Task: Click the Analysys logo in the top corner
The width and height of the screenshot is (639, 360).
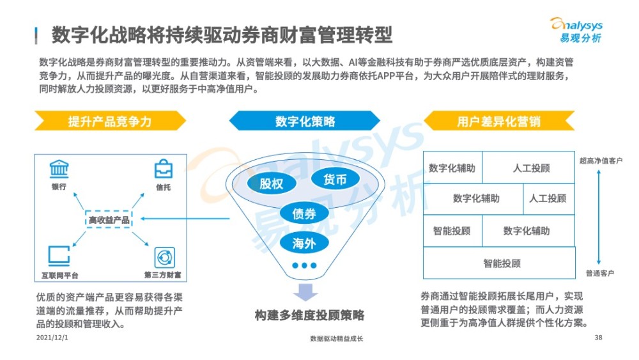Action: click(x=576, y=30)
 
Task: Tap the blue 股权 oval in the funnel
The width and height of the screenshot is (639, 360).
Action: click(x=272, y=184)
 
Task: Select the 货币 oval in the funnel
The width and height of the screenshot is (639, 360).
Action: click(x=335, y=179)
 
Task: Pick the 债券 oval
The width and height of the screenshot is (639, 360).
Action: click(x=304, y=213)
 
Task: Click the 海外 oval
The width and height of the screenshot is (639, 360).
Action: click(x=304, y=244)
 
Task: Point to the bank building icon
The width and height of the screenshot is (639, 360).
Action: click(x=59, y=169)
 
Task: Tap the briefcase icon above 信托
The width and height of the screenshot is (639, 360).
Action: click(x=164, y=169)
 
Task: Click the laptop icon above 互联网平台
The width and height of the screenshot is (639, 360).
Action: click(x=59, y=256)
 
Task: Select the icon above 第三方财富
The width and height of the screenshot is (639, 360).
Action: click(x=165, y=258)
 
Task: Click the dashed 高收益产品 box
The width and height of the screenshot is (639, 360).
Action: click(x=109, y=220)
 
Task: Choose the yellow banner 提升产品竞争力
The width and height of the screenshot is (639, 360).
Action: click(x=110, y=121)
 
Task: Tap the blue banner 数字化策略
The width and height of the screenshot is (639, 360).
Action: click(x=304, y=121)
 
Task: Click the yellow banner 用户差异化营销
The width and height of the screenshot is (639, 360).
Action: click(x=499, y=121)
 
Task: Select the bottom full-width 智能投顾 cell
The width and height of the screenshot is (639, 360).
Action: click(x=499, y=263)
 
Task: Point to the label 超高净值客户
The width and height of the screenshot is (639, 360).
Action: click(x=601, y=161)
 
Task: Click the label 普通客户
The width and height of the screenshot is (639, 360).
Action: click(x=600, y=273)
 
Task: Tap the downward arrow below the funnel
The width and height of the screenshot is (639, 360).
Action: click(x=305, y=292)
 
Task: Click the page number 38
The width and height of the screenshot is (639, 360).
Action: click(x=598, y=338)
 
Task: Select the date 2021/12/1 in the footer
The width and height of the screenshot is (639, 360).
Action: click(x=52, y=338)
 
